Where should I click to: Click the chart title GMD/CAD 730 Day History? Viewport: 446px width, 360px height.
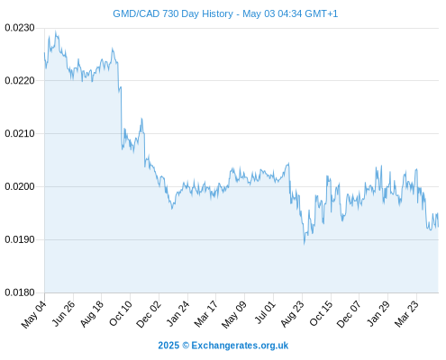coord(173,13)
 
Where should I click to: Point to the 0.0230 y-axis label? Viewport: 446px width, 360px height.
coord(20,28)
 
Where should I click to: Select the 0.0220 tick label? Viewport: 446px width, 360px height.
coord(20,80)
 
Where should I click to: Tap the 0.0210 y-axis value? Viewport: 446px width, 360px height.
coord(20,133)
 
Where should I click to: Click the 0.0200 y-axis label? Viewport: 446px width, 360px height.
coord(20,186)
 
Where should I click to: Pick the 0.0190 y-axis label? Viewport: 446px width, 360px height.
coord(20,239)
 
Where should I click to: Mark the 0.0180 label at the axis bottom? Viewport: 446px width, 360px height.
coord(20,292)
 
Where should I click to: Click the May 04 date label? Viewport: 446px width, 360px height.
coord(33,314)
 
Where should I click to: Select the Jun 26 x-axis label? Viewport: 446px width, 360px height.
coord(63,313)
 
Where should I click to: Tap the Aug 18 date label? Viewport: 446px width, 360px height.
coord(92,313)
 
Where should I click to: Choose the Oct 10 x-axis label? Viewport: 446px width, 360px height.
coord(120,313)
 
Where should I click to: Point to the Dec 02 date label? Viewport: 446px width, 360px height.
coord(149,314)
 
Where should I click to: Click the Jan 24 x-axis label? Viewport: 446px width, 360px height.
coord(177,313)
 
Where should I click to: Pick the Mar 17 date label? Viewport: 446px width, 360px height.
coord(205,314)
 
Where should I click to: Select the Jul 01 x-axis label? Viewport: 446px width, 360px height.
coord(264,312)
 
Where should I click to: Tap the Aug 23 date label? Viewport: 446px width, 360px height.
coord(292,314)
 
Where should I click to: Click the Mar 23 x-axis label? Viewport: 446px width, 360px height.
coord(406,314)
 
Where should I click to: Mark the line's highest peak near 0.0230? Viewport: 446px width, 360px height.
coord(55,31)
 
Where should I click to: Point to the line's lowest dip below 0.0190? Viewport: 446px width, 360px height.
coord(304,244)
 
